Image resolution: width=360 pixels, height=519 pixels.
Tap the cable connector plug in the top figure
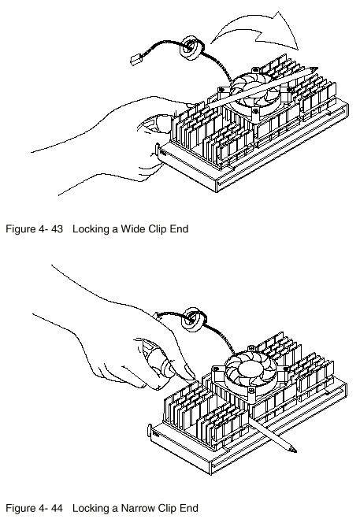pyautogui.click(x=135, y=60)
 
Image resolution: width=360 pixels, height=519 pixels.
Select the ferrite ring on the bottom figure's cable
pyautogui.click(x=192, y=319)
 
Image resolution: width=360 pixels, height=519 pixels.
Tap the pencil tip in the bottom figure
pyautogui.click(x=293, y=450)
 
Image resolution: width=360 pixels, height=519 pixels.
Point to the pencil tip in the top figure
pyautogui.click(x=314, y=69)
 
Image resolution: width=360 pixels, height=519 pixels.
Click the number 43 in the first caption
pyautogui.click(x=57, y=228)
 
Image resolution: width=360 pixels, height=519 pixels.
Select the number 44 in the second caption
pyautogui.click(x=57, y=508)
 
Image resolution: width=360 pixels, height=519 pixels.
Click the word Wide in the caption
pyautogui.click(x=133, y=228)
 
